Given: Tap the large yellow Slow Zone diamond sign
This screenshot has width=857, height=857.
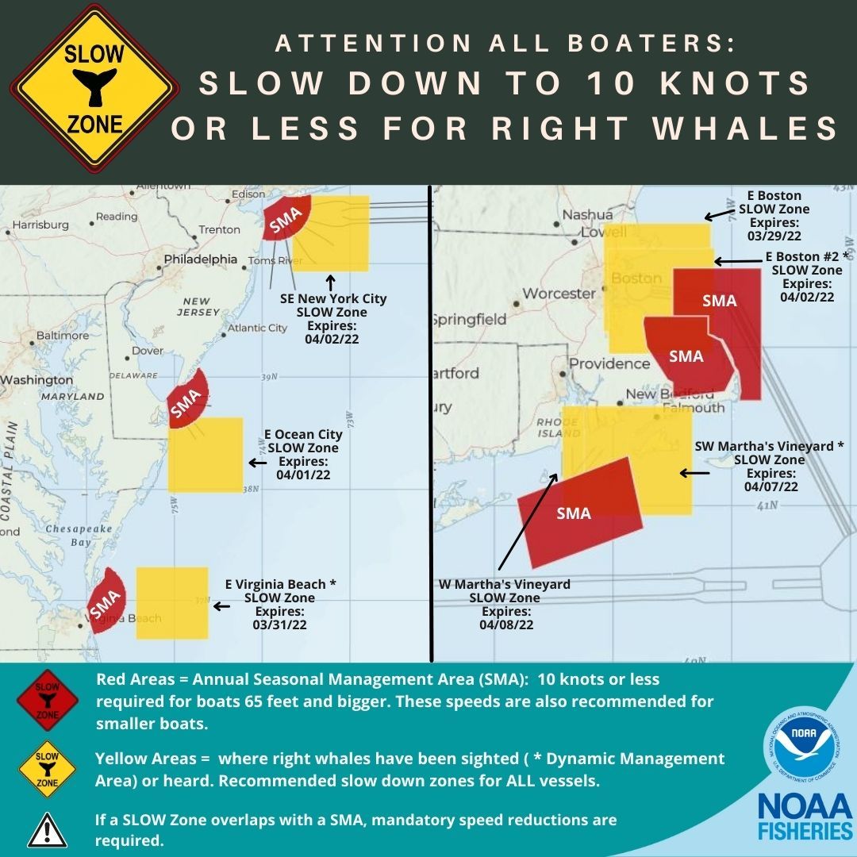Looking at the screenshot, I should click(x=94, y=89).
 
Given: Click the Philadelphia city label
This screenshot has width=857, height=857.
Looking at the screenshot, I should click(x=200, y=259).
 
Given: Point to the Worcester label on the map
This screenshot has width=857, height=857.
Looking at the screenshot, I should click(x=559, y=294).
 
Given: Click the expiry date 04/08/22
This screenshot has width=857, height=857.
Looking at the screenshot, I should click(x=505, y=625).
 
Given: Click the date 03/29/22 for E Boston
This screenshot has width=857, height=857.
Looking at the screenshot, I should click(x=774, y=236).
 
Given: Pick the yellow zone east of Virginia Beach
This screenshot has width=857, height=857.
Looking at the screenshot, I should click(x=172, y=602).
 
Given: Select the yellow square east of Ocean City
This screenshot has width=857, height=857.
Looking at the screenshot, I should click(x=206, y=454).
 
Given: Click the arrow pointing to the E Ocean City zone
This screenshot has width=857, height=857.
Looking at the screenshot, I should click(x=257, y=462).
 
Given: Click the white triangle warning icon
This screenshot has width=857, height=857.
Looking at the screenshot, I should click(x=47, y=829).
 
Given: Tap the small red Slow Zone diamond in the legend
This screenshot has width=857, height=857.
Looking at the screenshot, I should click(x=47, y=698).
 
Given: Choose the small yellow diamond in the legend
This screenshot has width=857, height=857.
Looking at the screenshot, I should click(x=47, y=768).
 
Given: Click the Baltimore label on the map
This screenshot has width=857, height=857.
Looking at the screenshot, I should click(x=62, y=336).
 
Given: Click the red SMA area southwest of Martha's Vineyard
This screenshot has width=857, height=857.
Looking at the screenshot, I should click(x=579, y=509).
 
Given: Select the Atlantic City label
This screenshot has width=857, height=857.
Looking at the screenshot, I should click(x=257, y=328).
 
